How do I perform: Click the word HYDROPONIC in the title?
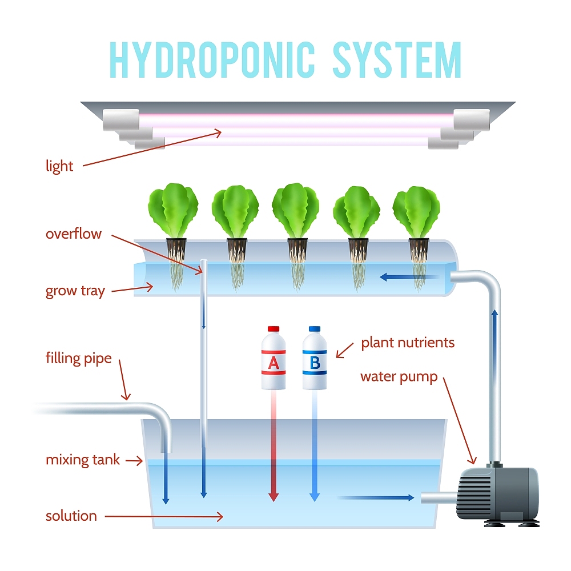pyautogui.click(x=212, y=59)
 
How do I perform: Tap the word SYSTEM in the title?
pyautogui.click(x=397, y=59)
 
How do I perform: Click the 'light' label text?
pyautogui.click(x=59, y=166)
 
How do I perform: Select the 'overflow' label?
pyautogui.click(x=74, y=234)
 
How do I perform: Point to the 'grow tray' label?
pyautogui.click(x=75, y=291)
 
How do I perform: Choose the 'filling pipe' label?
pyautogui.click(x=79, y=359)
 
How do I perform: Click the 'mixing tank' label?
pyautogui.click(x=83, y=460)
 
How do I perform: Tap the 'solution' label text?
pyautogui.click(x=71, y=516)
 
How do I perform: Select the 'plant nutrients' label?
pyautogui.click(x=408, y=343)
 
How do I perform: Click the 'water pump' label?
pyautogui.click(x=399, y=377)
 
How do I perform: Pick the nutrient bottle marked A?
pyautogui.click(x=274, y=359)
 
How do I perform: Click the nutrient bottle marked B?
pyautogui.click(x=315, y=359)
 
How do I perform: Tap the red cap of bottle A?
pyautogui.click(x=274, y=329)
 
